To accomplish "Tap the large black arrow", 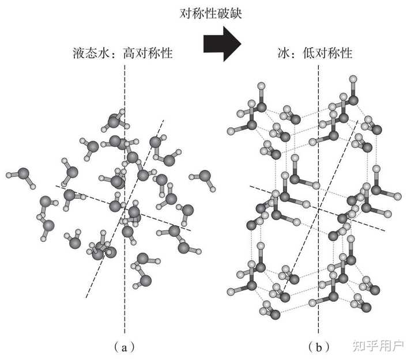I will pyautogui.click(x=222, y=43).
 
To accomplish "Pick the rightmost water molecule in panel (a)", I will pyautogui.click(x=207, y=178).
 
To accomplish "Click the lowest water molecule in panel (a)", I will pyautogui.click(x=145, y=279).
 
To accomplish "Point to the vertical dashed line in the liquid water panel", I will pyautogui.click(x=124, y=311).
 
